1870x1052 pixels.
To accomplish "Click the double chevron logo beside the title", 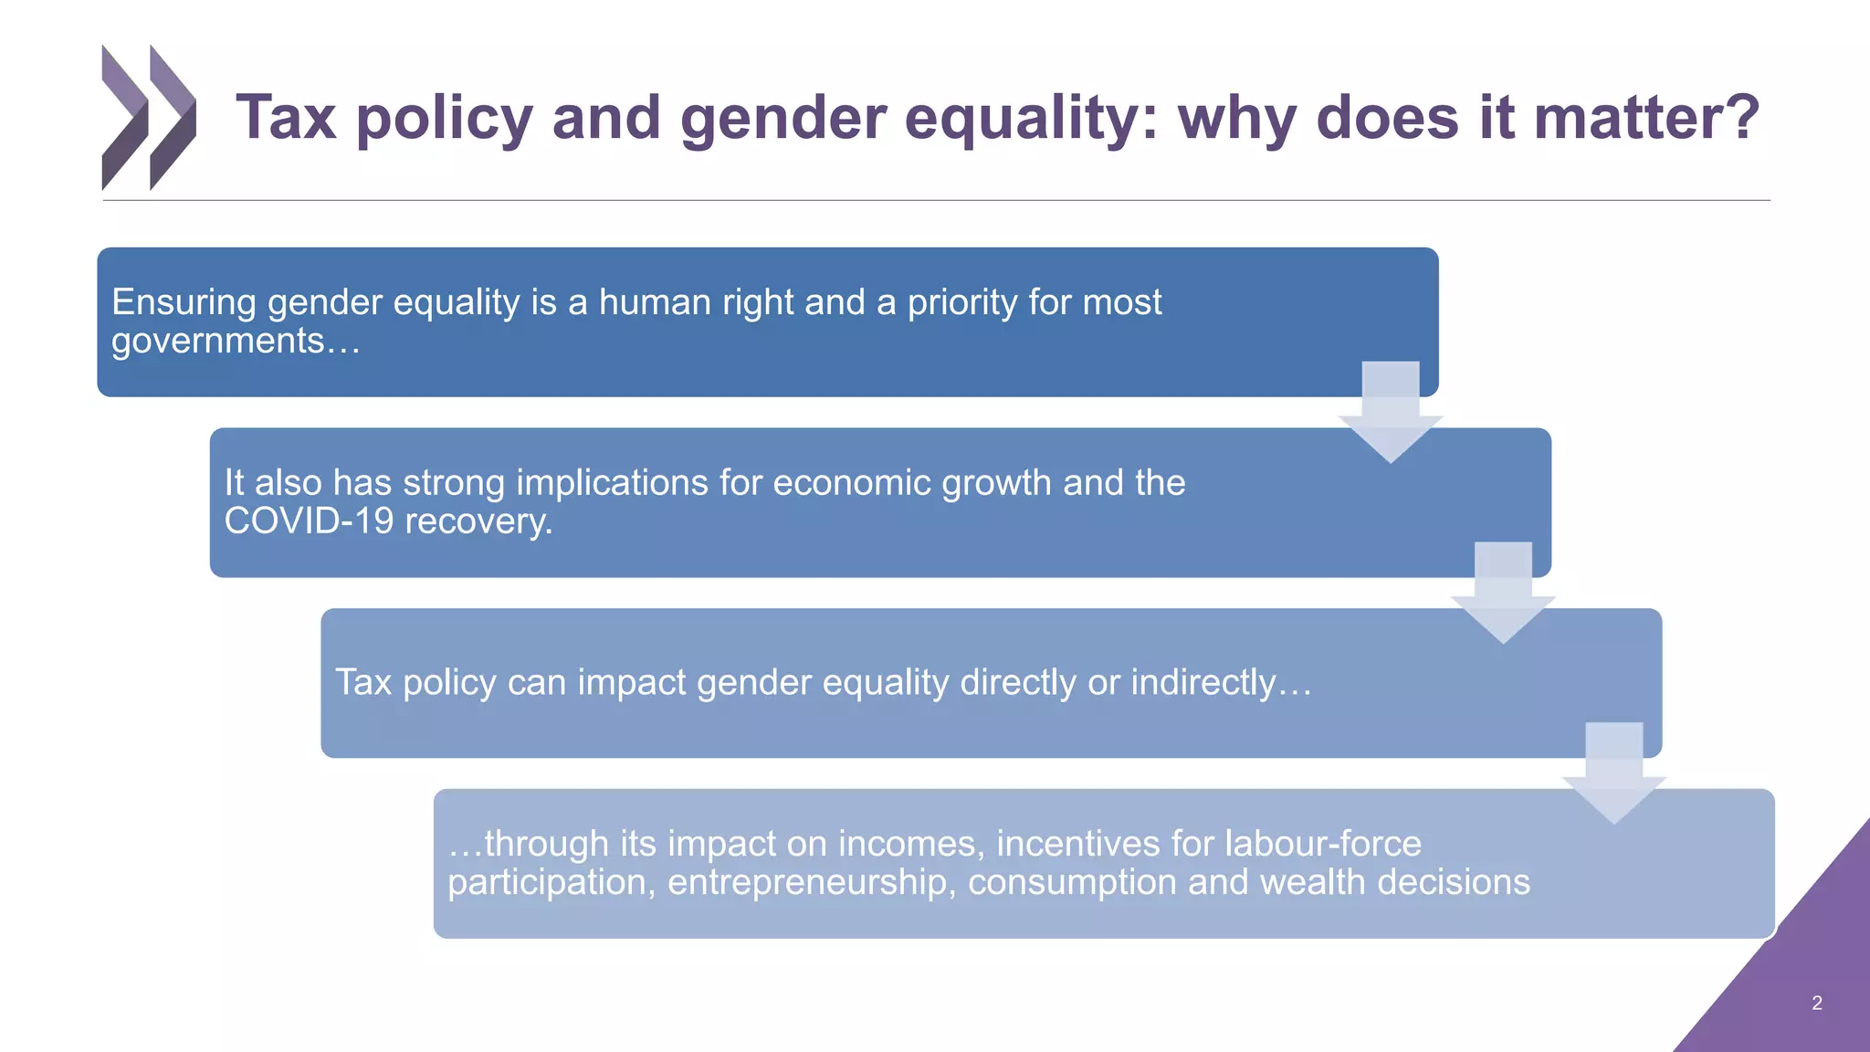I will (148, 117).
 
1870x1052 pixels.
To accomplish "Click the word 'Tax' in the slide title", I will (286, 118).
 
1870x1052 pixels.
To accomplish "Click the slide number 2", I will (1816, 1003).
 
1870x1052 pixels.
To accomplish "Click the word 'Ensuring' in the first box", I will (184, 302).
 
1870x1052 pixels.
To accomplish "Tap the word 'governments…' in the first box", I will (236, 341).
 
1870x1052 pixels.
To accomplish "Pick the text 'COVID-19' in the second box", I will (309, 521).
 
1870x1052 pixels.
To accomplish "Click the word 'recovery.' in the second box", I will (478, 521).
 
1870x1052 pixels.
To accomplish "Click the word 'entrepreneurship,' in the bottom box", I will (812, 882).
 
